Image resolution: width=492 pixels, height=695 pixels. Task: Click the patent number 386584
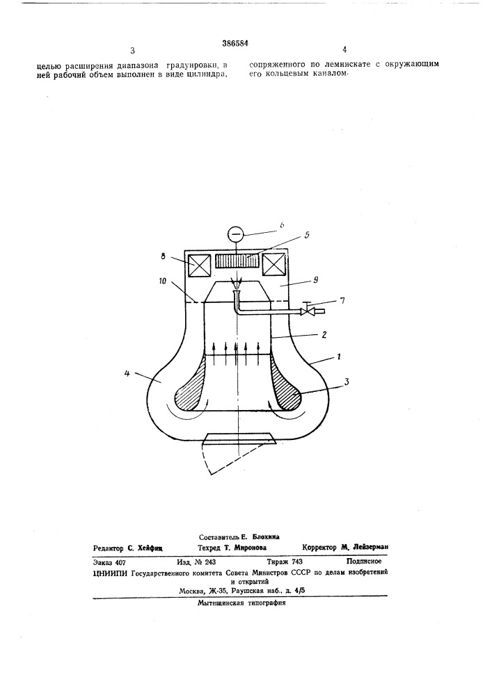point(235,43)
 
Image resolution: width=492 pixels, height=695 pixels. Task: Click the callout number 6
point(281,225)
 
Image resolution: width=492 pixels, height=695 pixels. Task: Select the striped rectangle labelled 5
point(236,261)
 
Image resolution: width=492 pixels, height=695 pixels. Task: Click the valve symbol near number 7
point(306,311)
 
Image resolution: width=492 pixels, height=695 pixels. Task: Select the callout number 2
point(324,335)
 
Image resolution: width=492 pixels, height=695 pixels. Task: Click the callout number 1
point(338,357)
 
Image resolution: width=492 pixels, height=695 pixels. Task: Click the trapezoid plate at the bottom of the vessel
point(238,438)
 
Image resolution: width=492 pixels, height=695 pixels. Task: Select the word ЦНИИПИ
point(109,572)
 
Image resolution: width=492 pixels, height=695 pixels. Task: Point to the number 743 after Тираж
point(298,562)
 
